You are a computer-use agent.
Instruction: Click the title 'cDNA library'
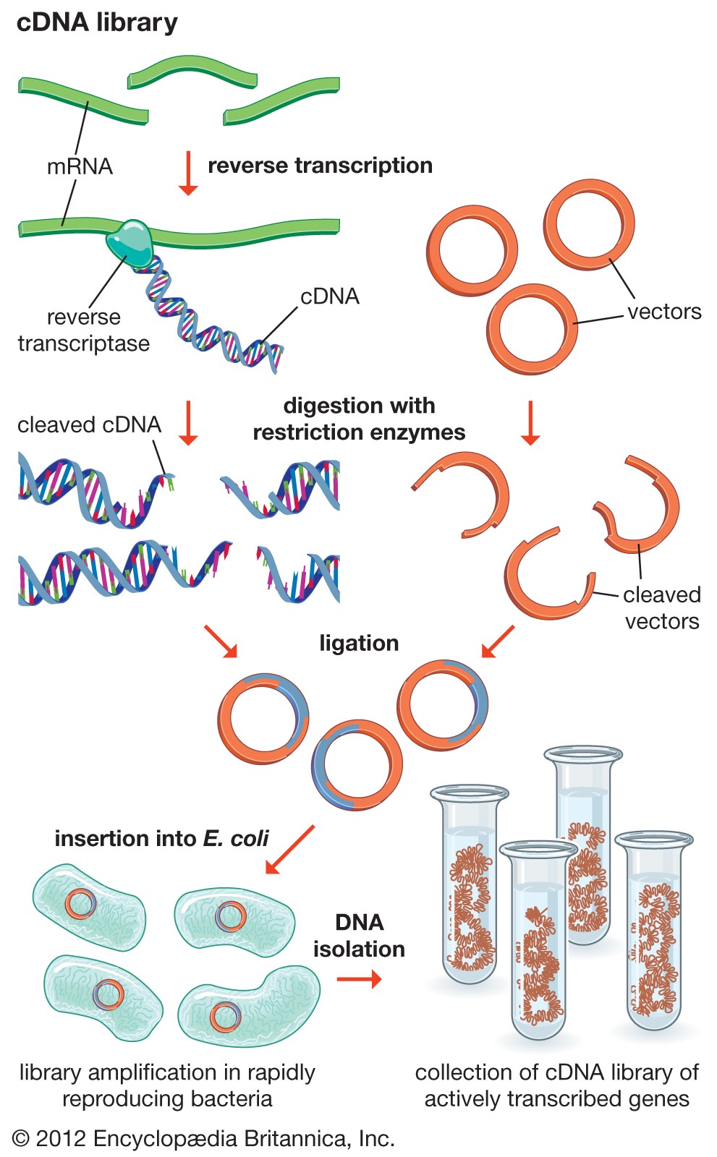(97, 22)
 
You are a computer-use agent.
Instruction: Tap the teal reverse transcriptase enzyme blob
(131, 242)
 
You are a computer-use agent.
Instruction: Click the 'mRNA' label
(80, 166)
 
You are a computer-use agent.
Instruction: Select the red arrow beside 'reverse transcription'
(188, 173)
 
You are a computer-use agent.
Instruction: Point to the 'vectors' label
(663, 312)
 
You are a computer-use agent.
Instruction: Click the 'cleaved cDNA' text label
(89, 424)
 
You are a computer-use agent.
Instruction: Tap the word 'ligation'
(359, 643)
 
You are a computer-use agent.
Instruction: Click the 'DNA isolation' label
(359, 935)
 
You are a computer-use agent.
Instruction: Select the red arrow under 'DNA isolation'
(359, 979)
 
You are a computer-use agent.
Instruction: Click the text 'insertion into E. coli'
(161, 838)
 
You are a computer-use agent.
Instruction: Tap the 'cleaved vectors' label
(661, 607)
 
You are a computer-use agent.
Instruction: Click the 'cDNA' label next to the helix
(329, 296)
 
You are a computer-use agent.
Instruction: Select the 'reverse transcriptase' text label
(83, 330)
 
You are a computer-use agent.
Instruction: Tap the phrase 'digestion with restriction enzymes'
(359, 419)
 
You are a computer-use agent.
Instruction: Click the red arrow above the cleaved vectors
(530, 422)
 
